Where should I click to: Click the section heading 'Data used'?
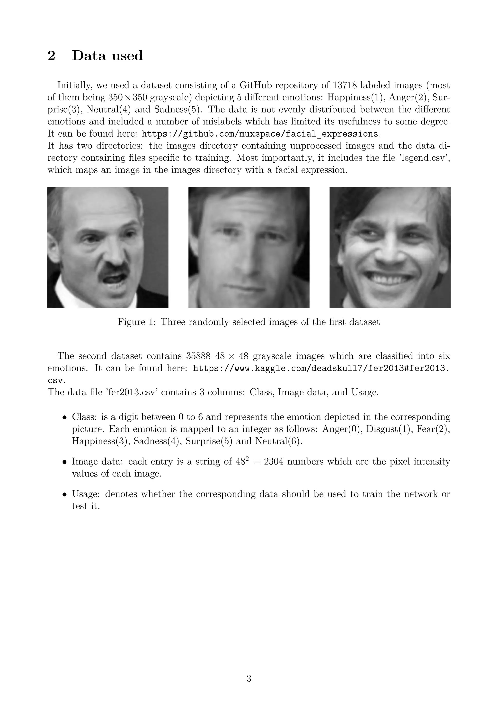click(107, 56)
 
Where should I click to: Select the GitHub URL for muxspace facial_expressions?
click(259, 134)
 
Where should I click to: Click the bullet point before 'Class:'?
click(64, 417)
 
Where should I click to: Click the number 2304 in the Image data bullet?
click(274, 461)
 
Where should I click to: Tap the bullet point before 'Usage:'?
click(64, 495)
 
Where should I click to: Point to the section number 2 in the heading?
click(52, 56)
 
